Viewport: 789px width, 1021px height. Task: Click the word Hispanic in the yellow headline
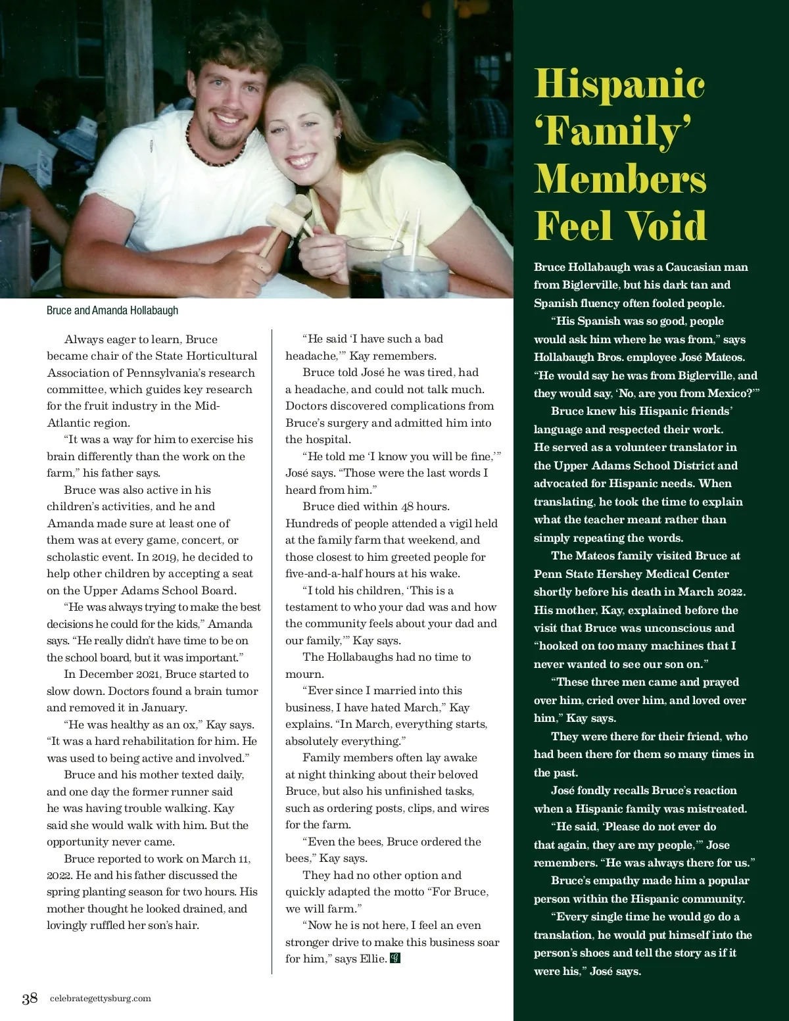point(619,85)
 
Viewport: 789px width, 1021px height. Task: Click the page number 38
point(30,998)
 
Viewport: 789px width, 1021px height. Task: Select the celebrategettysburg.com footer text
point(101,998)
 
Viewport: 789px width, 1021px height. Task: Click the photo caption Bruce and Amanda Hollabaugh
point(112,310)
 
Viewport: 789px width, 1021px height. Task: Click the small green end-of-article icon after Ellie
point(395,958)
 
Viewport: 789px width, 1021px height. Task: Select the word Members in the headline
point(620,179)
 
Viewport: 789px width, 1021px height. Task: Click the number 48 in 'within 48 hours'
point(408,506)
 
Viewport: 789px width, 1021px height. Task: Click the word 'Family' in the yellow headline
point(611,131)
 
